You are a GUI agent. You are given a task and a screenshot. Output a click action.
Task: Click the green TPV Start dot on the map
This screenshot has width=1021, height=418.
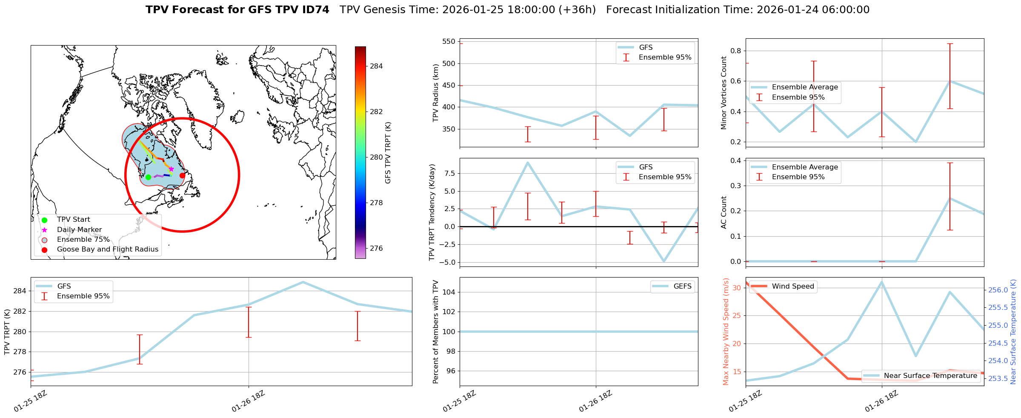(148, 177)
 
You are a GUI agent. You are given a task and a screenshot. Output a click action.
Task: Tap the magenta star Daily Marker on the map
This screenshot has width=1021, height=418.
(171, 169)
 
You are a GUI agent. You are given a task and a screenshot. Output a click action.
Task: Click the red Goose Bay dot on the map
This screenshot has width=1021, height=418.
(182, 175)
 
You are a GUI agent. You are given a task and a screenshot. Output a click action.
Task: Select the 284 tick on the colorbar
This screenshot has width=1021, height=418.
(376, 66)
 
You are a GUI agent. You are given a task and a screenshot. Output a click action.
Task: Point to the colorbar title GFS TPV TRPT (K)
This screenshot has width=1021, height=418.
(388, 153)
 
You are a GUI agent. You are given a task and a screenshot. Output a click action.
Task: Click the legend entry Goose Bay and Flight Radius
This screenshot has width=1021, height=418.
(107, 249)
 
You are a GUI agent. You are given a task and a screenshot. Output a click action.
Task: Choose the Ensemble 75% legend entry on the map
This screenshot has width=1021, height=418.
(83, 240)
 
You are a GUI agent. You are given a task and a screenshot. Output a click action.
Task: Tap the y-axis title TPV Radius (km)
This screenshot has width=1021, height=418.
(435, 93)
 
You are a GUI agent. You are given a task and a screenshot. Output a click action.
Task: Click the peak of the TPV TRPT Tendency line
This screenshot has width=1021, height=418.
(528, 163)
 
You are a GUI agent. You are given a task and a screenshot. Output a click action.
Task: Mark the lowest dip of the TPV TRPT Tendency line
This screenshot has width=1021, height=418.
(664, 261)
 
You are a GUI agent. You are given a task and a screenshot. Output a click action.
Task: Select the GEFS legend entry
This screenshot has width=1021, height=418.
(682, 286)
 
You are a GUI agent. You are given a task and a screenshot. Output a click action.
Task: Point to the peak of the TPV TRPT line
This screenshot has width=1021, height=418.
(303, 282)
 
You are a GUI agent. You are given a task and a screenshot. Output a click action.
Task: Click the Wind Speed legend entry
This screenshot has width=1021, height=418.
(792, 286)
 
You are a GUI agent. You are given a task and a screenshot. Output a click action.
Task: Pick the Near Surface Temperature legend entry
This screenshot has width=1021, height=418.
(930, 376)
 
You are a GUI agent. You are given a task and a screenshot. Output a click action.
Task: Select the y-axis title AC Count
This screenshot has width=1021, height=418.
(724, 212)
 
